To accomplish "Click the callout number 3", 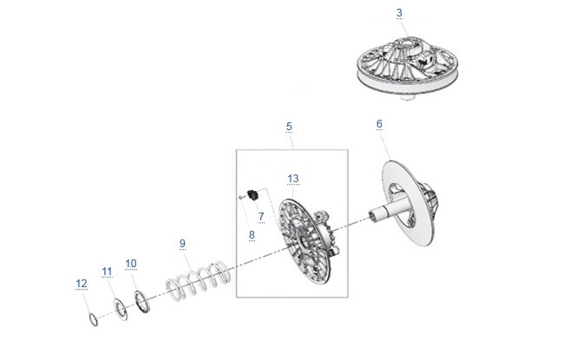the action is [399, 13].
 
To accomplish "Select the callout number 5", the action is [289, 127].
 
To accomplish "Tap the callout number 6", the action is [379, 124].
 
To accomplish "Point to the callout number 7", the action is [261, 217].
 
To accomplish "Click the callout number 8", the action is [252, 235].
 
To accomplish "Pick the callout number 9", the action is [182, 244].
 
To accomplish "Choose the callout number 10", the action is [131, 264].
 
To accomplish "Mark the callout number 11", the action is [107, 272].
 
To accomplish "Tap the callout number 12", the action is [82, 284].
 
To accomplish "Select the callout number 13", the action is [293, 179].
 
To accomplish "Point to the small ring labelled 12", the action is [89, 318].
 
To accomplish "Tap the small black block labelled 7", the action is [253, 195].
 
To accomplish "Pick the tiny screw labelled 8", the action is [242, 197].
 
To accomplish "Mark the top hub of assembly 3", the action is [408, 44].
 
